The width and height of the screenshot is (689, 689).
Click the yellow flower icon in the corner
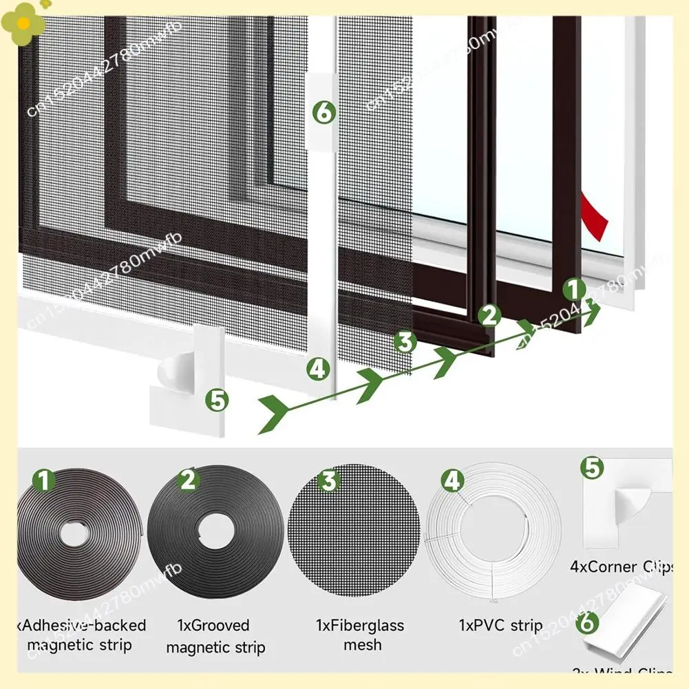click(23, 21)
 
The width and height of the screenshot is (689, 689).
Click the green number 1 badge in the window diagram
click(575, 289)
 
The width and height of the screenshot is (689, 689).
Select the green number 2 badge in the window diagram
click(489, 315)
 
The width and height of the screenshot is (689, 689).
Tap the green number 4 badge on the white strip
click(317, 370)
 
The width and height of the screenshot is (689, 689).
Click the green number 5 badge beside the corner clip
click(218, 399)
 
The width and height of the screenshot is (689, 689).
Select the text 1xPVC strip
click(500, 626)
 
